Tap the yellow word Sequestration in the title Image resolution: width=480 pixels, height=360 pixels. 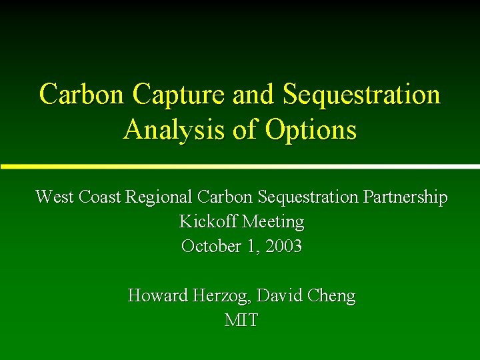click(361, 95)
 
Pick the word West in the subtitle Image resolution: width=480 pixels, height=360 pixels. click(55, 197)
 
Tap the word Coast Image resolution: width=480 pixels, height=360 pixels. click(100, 197)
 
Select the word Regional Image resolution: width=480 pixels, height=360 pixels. click(158, 197)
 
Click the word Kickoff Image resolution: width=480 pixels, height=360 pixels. click(209, 221)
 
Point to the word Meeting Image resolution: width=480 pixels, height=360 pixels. click(273, 221)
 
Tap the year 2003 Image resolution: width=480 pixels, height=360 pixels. click(283, 246)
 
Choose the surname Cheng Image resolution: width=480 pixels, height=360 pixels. click(331, 295)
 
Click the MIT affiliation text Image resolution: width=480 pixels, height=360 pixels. click(241, 320)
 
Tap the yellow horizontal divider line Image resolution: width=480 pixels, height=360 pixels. click(240, 165)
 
